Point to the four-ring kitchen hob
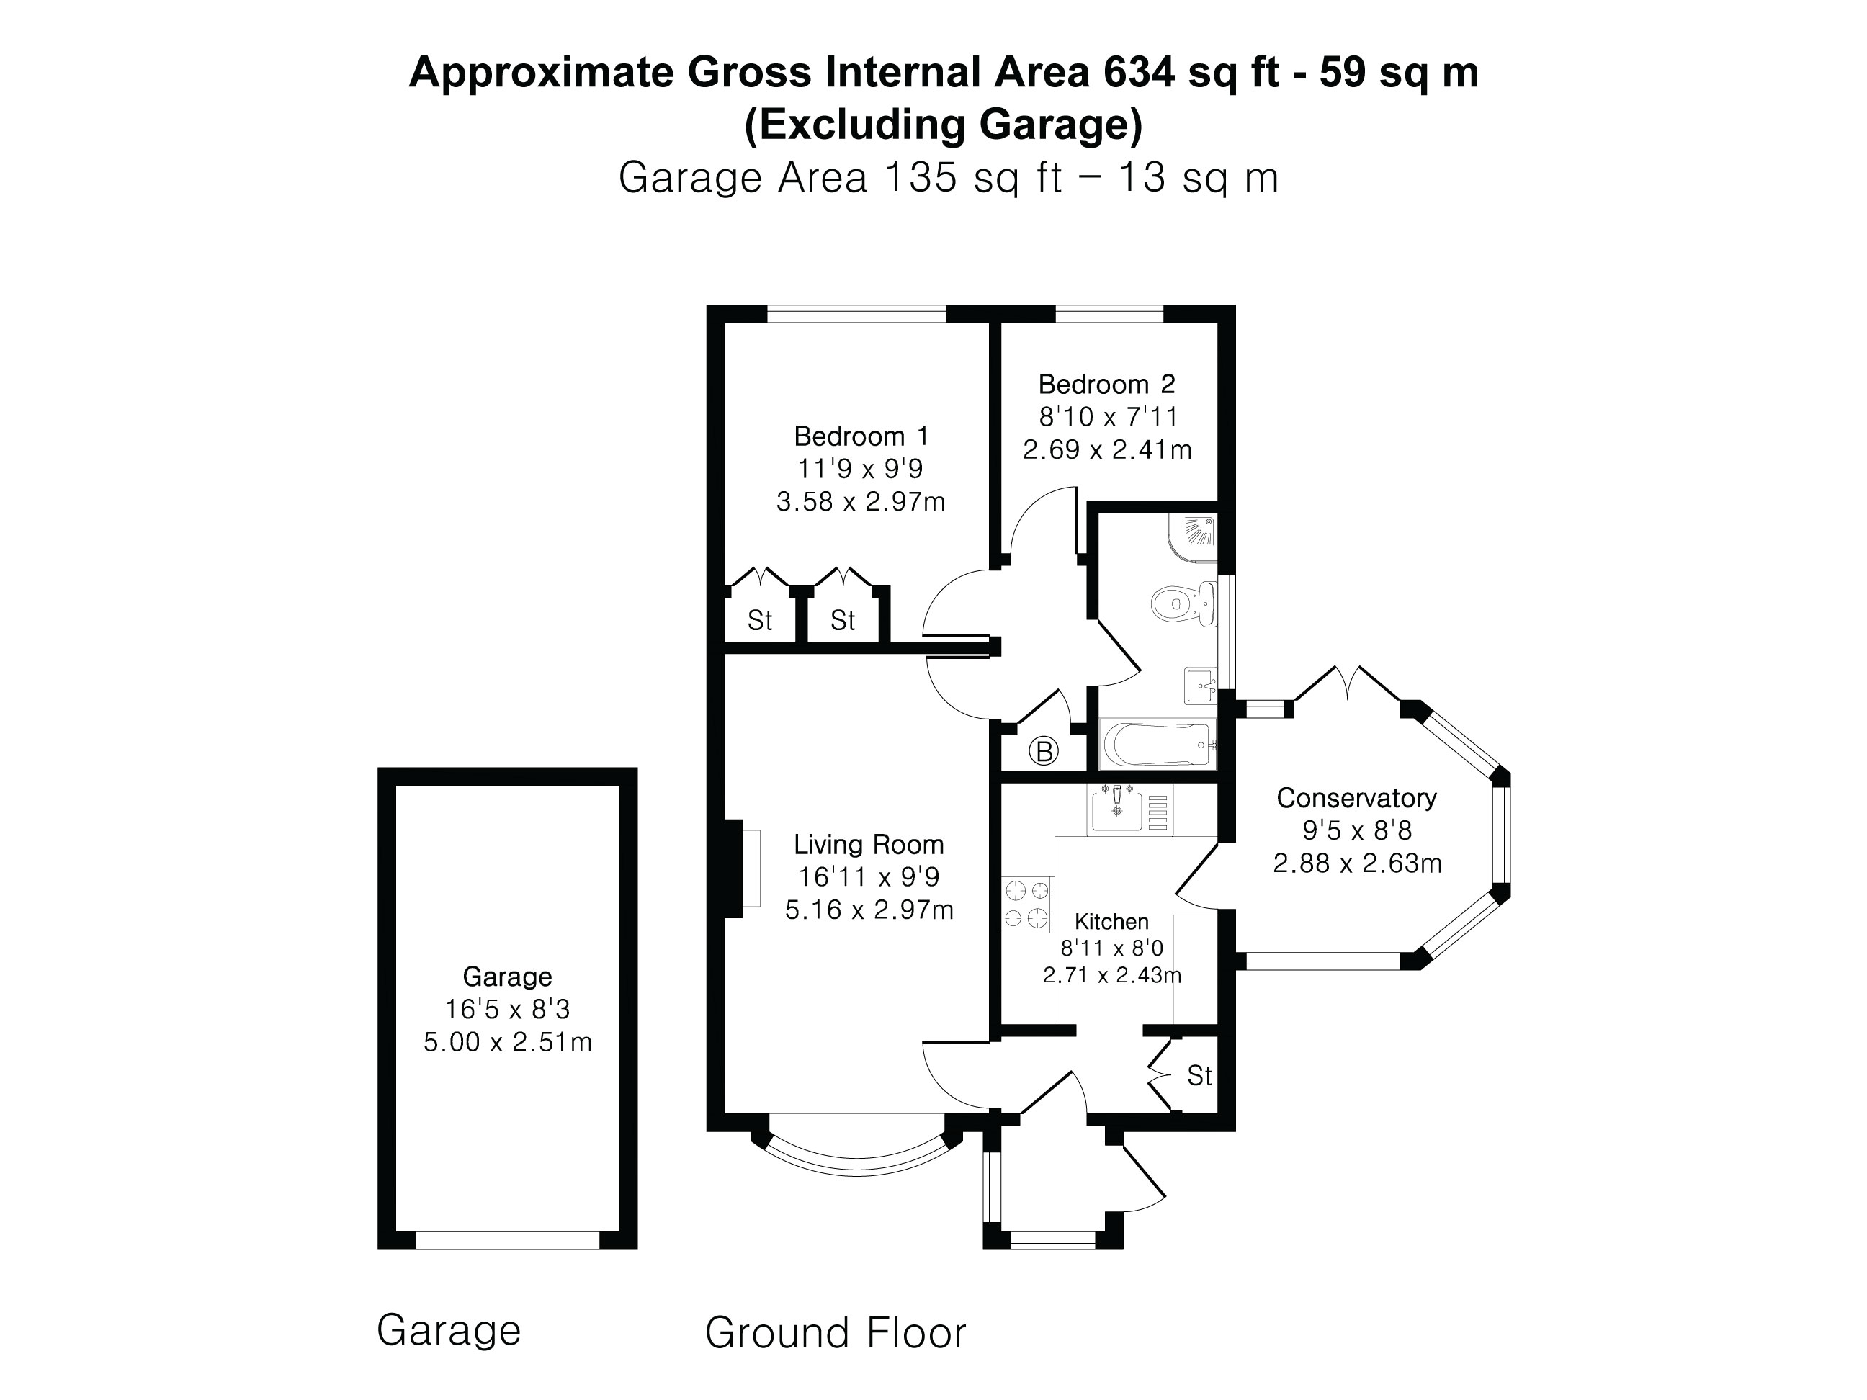click(x=1027, y=904)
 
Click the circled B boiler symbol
click(x=1044, y=750)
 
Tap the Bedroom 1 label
click(x=861, y=436)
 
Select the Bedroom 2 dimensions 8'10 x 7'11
click(x=1106, y=417)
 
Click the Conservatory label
click(x=1356, y=797)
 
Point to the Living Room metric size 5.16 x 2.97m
click(x=869, y=910)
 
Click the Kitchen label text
click(x=1111, y=922)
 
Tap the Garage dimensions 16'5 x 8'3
click(x=507, y=1009)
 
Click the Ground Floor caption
click(x=835, y=1333)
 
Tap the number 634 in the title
click(x=1139, y=73)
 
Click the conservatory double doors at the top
click(x=1347, y=683)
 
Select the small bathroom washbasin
click(x=1199, y=685)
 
